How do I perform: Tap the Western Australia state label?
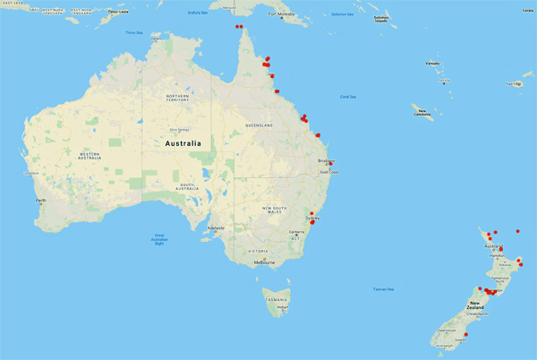[x=101, y=156]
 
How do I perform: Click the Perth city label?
[x=39, y=200]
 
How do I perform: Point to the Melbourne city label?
[x=263, y=262]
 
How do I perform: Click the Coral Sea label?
[x=347, y=97]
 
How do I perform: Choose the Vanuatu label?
[x=432, y=64]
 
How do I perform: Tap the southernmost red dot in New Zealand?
[x=466, y=335]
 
